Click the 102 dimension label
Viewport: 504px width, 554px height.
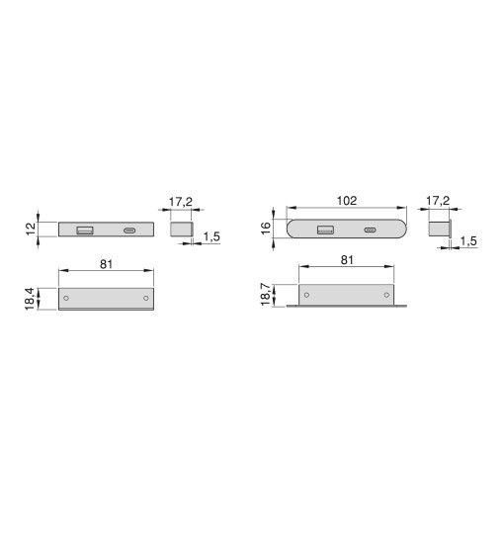point(347,201)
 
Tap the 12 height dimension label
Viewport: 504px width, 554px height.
point(32,229)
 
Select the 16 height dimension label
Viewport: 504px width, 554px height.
point(267,228)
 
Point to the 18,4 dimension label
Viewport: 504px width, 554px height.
point(30,299)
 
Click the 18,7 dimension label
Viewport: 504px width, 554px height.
point(266,295)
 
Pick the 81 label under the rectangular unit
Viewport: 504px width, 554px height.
point(107,264)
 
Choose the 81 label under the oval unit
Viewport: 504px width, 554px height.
point(347,260)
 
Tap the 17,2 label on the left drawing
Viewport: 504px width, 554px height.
point(180,202)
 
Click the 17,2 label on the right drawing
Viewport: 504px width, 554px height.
point(438,201)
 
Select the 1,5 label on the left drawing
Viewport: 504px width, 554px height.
point(211,236)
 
